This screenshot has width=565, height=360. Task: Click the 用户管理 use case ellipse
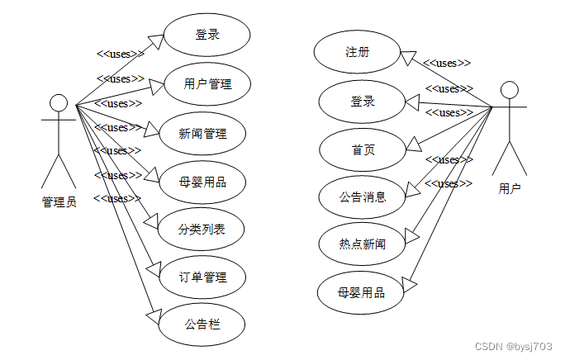click(207, 83)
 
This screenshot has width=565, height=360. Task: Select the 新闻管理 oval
click(202, 132)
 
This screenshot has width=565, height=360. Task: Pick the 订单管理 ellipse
click(202, 277)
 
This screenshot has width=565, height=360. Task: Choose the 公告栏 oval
click(202, 324)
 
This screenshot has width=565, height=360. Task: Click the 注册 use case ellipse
click(357, 52)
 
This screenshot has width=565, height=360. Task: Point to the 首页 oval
click(362, 149)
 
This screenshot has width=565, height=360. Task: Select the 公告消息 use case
click(362, 197)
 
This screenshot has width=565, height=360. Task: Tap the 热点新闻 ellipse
click(362, 244)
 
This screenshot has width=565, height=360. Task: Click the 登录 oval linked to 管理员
click(207, 35)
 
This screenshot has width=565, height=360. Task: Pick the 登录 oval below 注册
click(362, 102)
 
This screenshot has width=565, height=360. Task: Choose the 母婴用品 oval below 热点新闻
click(360, 291)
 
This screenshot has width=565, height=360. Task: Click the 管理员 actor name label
click(59, 202)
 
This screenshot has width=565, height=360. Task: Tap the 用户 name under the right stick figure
click(510, 189)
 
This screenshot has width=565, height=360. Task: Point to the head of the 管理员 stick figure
click(58, 102)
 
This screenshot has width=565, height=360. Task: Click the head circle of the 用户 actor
click(510, 89)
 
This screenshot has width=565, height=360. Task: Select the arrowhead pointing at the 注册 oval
click(407, 57)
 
